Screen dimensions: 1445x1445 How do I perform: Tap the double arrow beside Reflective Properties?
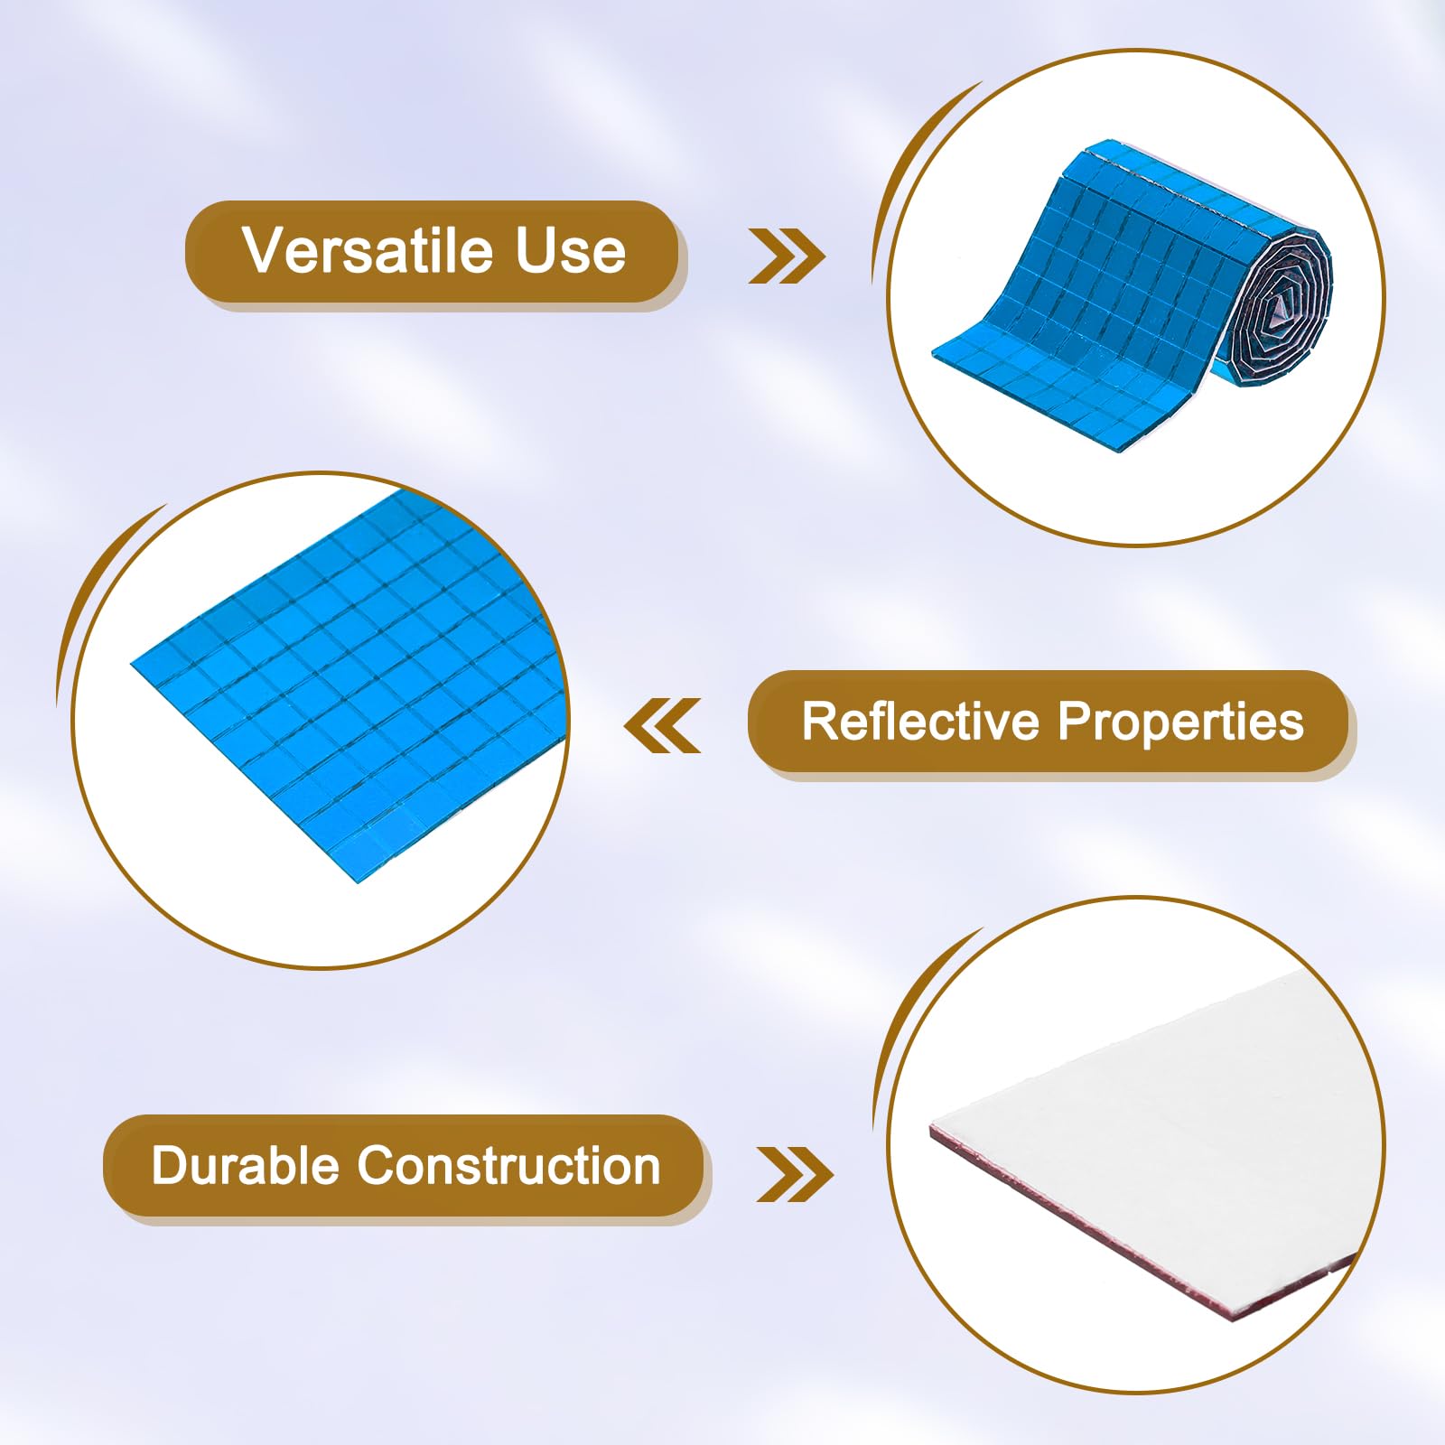tap(662, 725)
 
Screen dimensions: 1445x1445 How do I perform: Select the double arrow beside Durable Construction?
tap(795, 1174)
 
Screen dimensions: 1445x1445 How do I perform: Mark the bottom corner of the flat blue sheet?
tap(358, 881)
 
